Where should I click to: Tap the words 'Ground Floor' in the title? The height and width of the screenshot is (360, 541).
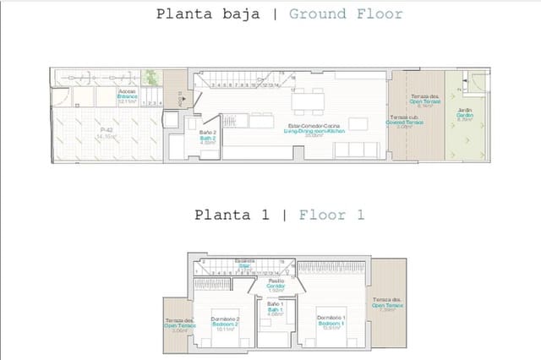(x=345, y=14)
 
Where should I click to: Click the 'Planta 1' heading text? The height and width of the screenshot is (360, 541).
(x=231, y=215)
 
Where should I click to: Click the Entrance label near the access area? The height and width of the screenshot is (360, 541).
(x=128, y=96)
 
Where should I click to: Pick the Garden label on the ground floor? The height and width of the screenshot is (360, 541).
(x=464, y=116)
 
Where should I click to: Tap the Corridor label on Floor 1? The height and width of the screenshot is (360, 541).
(x=276, y=286)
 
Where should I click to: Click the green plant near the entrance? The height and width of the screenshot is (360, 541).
(x=150, y=77)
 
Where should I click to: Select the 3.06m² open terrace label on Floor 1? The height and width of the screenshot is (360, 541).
(x=180, y=326)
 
